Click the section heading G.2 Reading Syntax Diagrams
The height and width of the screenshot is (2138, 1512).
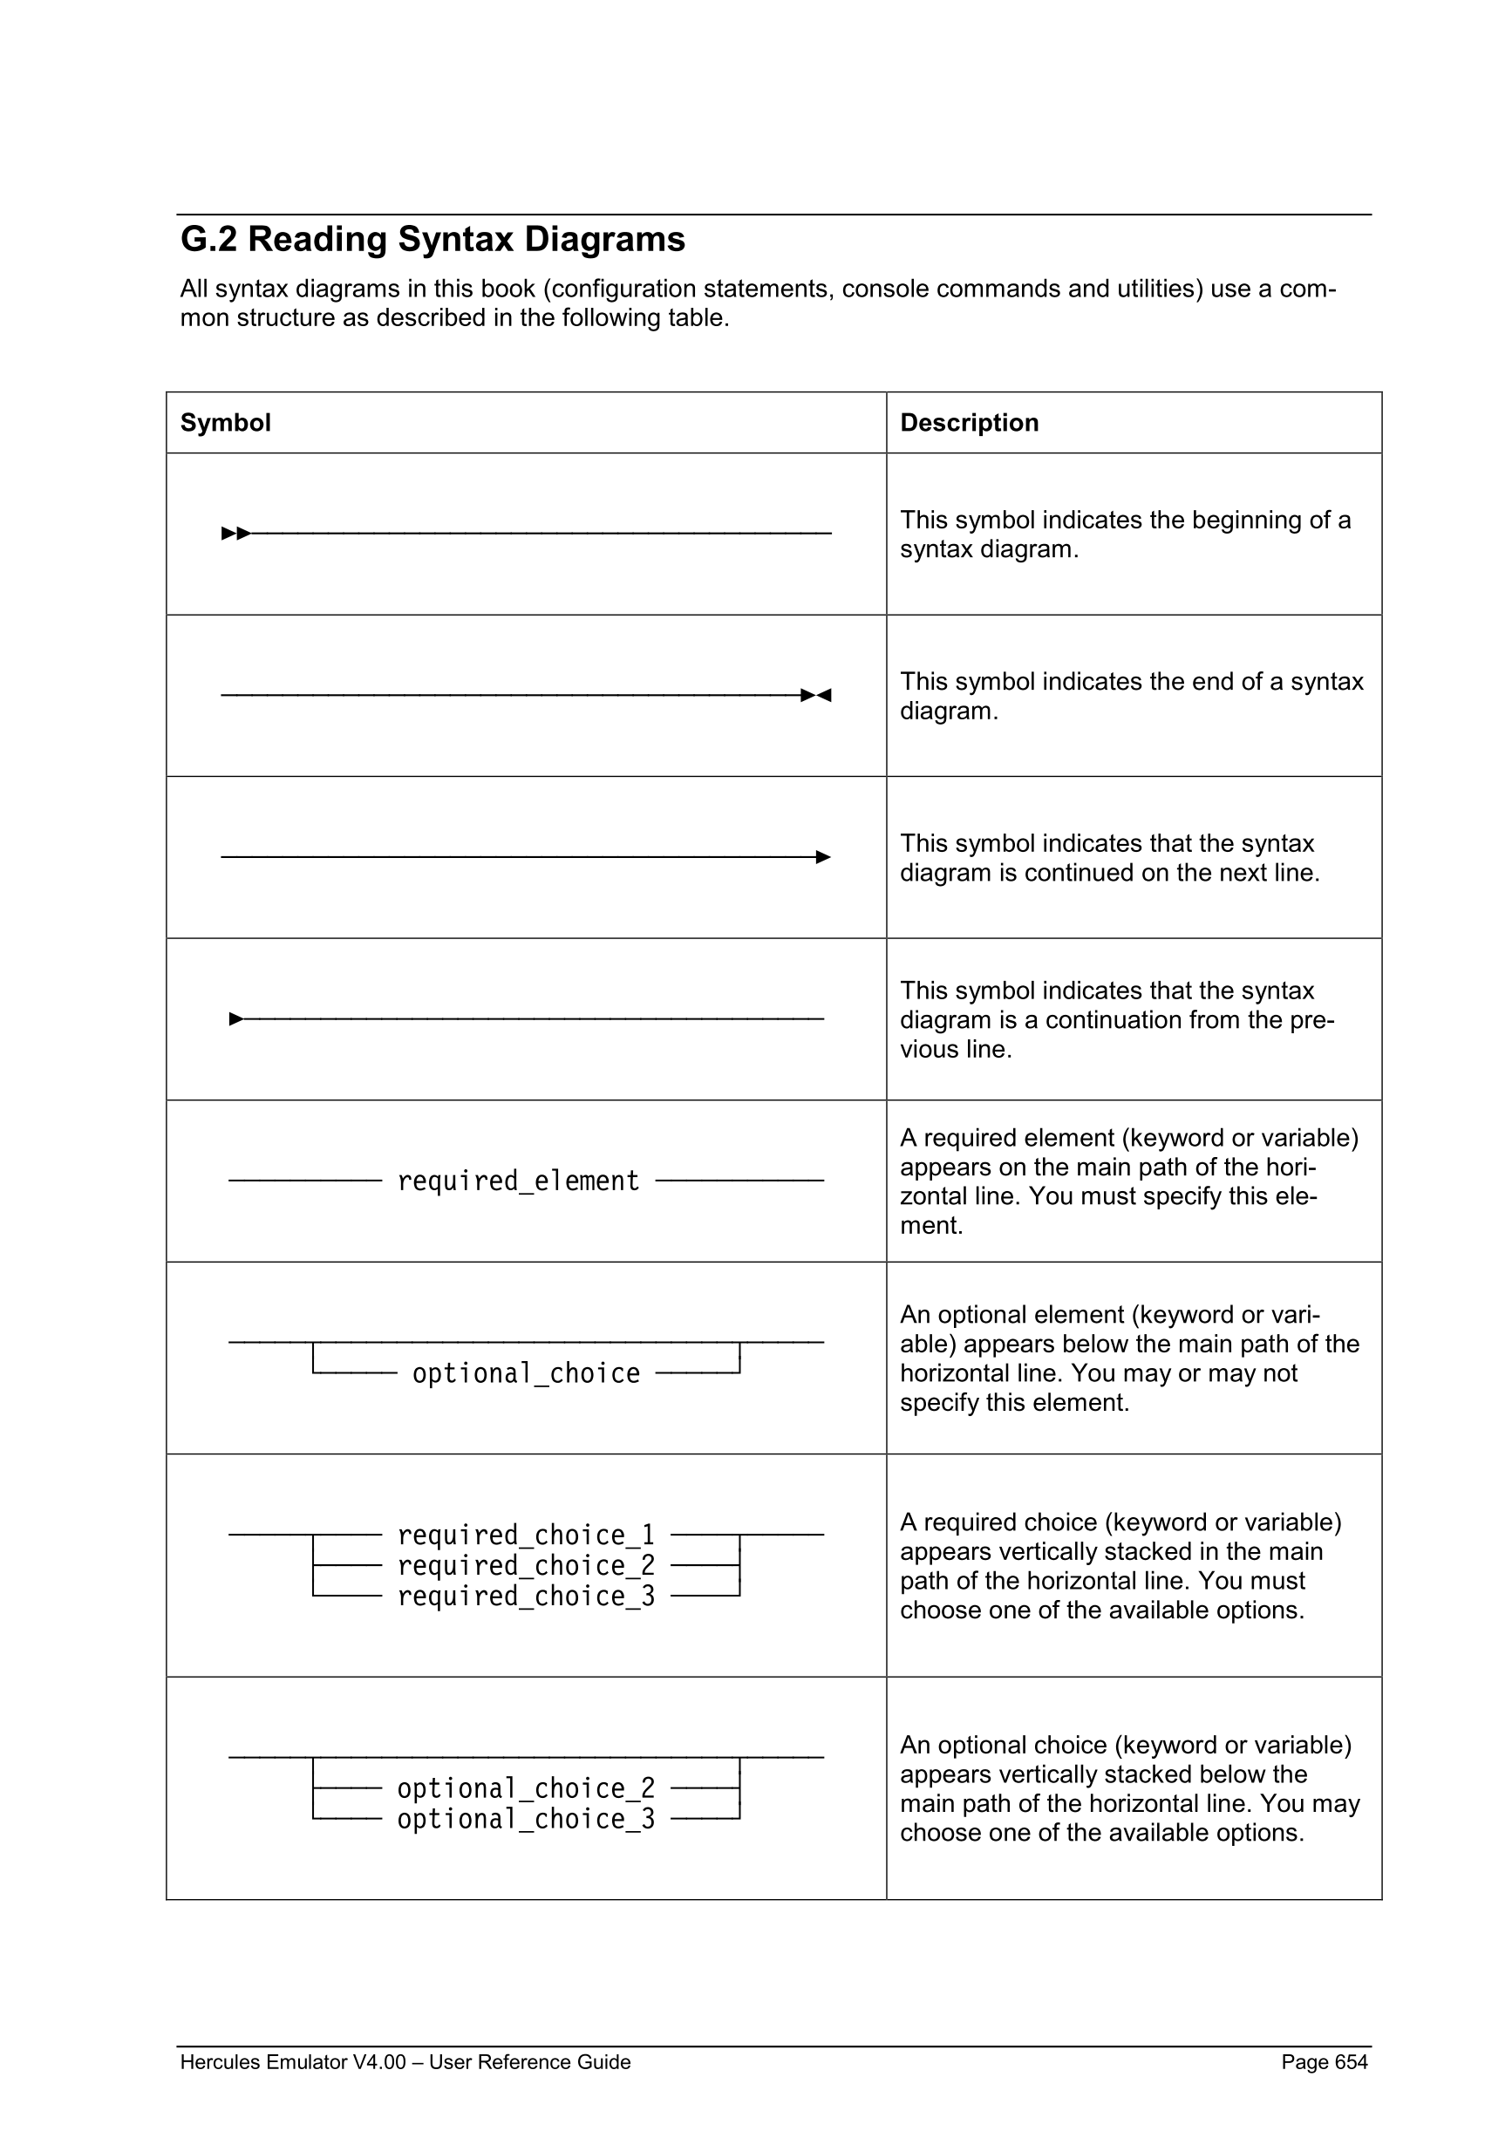(432, 239)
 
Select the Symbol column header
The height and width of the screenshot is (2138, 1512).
(225, 423)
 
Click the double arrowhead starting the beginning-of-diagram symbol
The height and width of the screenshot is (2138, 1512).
(235, 534)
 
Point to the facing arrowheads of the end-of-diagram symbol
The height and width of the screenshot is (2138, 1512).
(815, 696)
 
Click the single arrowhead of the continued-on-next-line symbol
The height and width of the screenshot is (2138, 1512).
(823, 857)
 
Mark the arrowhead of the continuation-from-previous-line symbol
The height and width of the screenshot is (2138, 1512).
(236, 1018)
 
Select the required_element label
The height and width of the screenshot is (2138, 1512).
(518, 1181)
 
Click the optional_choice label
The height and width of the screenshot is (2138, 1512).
(526, 1373)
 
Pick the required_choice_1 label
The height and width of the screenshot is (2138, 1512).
(526, 1535)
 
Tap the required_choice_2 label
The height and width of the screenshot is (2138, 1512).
(526, 1565)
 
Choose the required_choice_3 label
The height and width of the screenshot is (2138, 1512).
(526, 1596)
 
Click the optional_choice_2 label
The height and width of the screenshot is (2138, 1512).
(526, 1787)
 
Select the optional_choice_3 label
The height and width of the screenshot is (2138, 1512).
(526, 1819)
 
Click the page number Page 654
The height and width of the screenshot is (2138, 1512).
(1324, 2061)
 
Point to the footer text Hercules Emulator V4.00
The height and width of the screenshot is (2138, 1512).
(292, 2061)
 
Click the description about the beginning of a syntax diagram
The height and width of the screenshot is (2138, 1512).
(1125, 534)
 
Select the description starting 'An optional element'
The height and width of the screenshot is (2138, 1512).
(1128, 1358)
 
